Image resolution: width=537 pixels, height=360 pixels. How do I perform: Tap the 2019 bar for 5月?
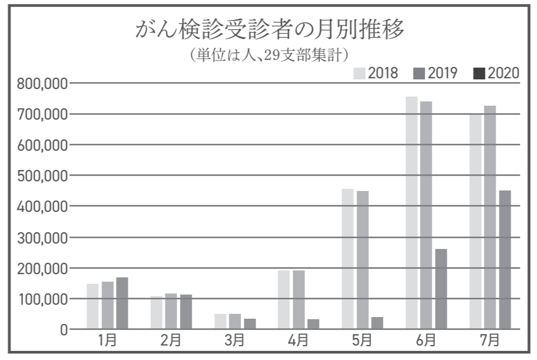tap(362, 260)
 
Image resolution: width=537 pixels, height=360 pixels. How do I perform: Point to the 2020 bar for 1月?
tap(122, 303)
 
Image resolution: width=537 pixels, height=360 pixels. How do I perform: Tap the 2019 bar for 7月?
tap(490, 217)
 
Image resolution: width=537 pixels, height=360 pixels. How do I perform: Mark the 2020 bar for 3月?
tap(250, 324)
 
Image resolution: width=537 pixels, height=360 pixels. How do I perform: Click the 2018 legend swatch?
tap(359, 73)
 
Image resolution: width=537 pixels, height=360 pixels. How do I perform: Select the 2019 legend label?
tap(442, 73)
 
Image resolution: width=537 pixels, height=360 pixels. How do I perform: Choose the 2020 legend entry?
tap(497, 73)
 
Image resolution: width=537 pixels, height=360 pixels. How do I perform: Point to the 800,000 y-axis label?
tap(41, 84)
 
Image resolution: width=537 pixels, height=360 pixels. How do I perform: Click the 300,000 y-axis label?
tap(41, 237)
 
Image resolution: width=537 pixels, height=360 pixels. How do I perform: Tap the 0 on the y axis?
tap(63, 329)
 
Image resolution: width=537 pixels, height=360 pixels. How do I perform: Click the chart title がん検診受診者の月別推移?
tap(268, 31)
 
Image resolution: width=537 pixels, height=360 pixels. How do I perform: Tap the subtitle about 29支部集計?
tap(268, 55)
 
